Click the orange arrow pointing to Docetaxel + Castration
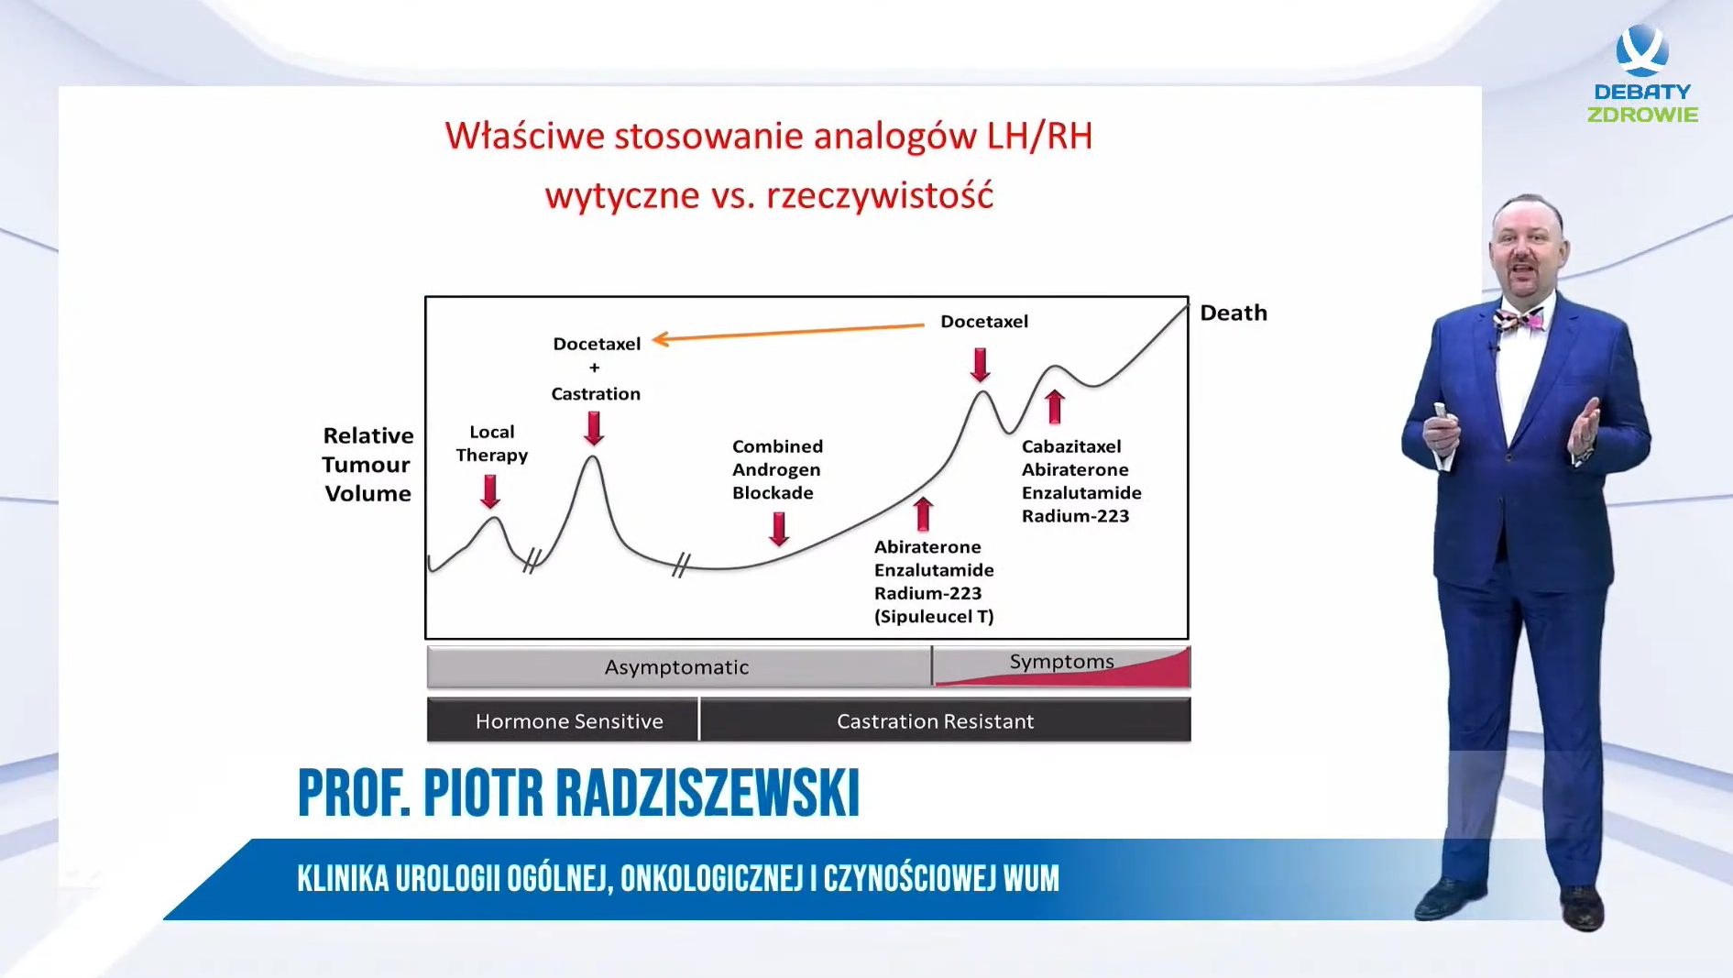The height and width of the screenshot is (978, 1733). point(788,332)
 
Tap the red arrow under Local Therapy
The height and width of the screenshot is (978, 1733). point(491,491)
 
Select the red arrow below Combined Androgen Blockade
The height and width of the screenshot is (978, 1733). point(779,529)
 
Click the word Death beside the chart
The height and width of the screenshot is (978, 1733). point(1234,313)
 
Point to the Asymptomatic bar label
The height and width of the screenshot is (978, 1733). point(676,667)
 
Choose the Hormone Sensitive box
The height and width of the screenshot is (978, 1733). point(563,720)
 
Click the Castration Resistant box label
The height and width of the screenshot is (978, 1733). point(935,721)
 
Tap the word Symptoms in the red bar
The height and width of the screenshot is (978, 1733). point(1061,662)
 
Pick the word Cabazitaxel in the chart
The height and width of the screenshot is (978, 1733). point(1071,446)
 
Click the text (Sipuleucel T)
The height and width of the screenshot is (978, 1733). point(934,616)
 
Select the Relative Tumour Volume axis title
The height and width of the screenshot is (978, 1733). point(367,464)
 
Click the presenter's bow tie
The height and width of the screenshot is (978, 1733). point(1519,320)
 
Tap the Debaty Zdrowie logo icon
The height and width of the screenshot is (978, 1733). point(1642,50)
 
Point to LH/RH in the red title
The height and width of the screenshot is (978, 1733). point(1039,136)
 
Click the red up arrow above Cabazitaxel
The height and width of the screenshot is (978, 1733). point(1055,406)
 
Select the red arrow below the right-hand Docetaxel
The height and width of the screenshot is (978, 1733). point(981,365)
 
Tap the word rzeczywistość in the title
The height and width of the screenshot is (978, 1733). point(880,195)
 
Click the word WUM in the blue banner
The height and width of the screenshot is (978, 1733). point(1031,878)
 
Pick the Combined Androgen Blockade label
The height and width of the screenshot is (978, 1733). point(777,469)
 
